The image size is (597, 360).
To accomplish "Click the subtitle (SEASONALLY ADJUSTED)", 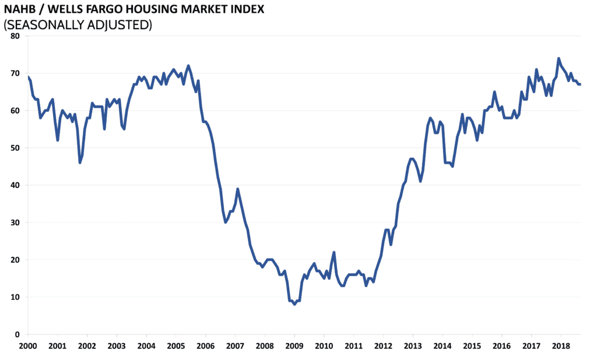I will pos(78,25).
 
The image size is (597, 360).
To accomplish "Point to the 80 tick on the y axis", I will pos(15,36).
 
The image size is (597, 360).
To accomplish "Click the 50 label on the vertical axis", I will pos(15,148).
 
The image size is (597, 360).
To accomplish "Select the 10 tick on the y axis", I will pos(15,297).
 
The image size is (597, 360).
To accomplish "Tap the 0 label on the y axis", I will pos(17,334).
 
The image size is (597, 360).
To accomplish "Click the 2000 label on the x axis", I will pos(27,345).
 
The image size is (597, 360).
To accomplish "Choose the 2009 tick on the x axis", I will pos(294,345).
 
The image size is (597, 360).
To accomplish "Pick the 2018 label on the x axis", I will pos(561,345).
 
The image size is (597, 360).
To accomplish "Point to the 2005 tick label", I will pos(175,345).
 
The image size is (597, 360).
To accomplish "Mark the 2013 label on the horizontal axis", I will pos(413,345).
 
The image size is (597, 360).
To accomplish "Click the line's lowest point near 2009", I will pos(294,304).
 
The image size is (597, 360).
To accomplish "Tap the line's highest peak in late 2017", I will pos(559,58).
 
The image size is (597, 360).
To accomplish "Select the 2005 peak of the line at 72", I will pos(188,66).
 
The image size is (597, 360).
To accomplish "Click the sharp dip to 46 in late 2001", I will pos(80,163).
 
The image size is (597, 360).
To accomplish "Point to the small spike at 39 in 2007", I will pos(238,189).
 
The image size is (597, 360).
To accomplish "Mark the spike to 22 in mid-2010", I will pos(334,252).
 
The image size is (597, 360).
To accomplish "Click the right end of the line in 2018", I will pos(580,84).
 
